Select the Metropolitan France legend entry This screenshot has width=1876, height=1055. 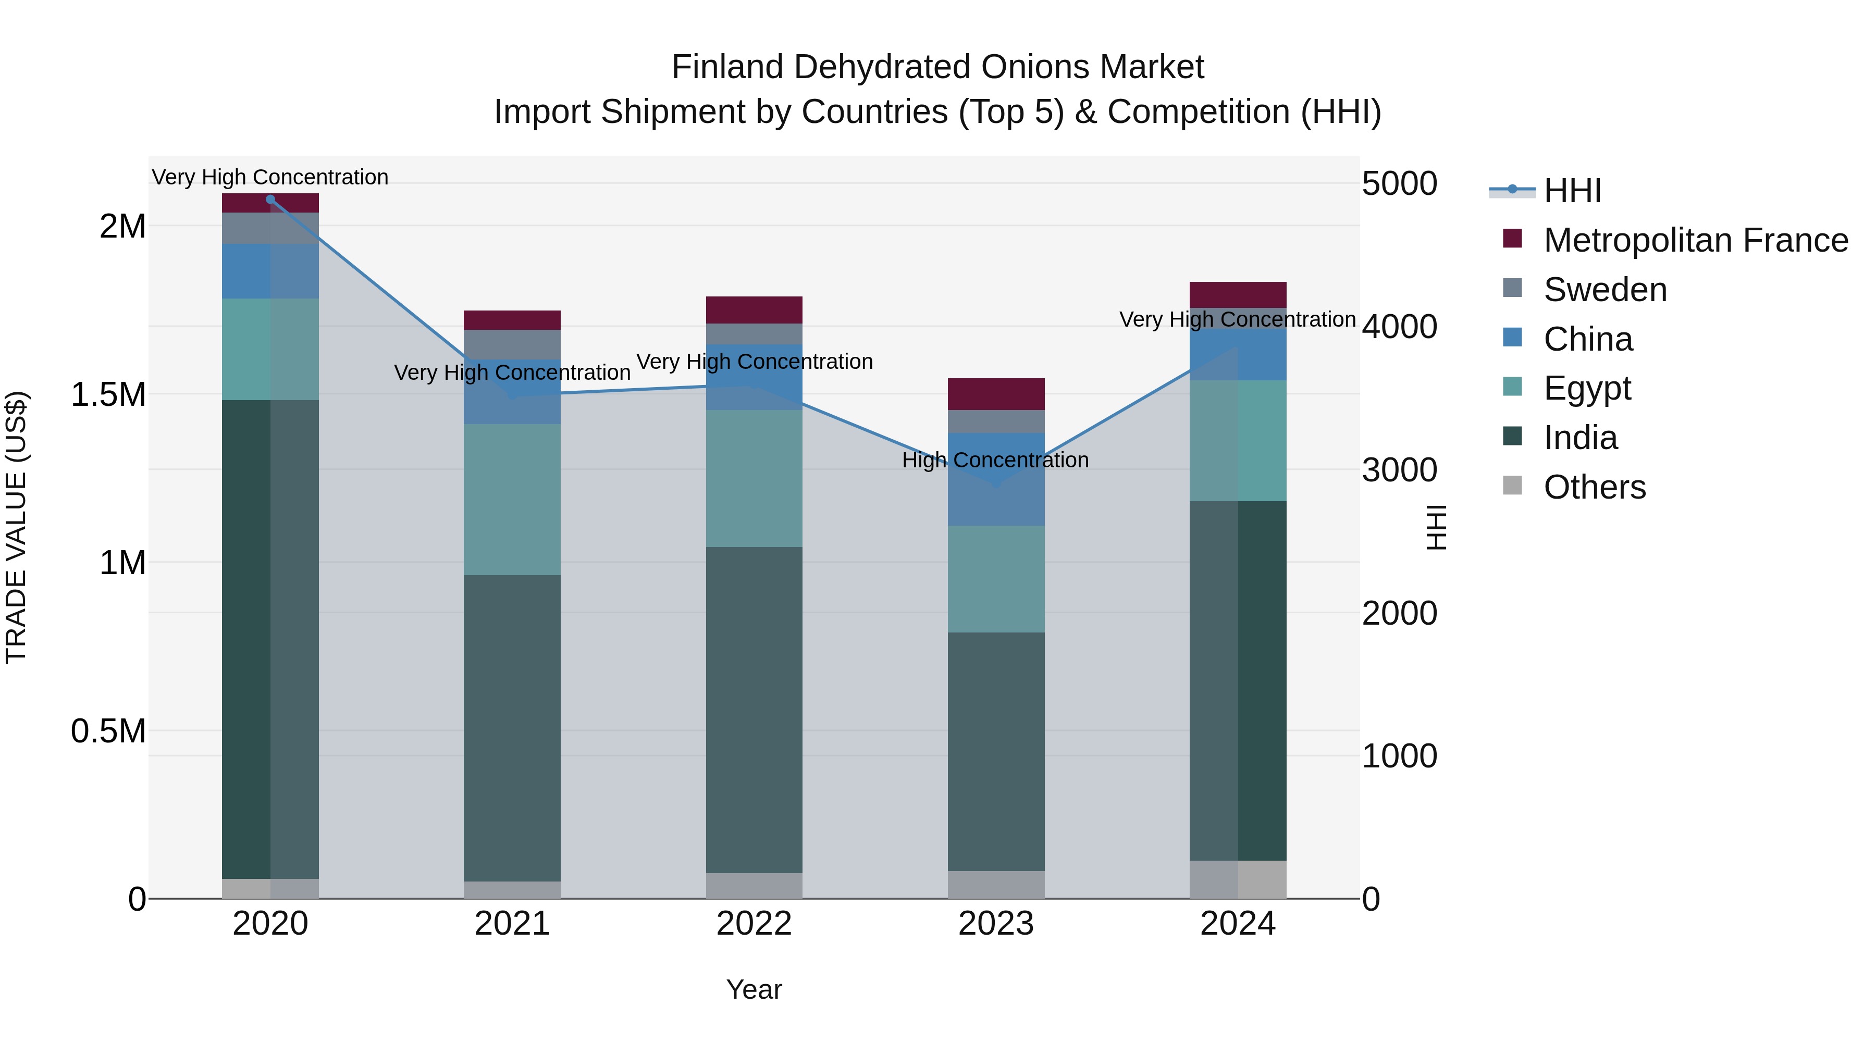click(1695, 240)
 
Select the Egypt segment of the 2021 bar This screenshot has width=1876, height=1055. click(512, 500)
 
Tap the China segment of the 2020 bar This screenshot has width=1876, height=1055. click(270, 271)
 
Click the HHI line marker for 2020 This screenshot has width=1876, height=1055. click(270, 200)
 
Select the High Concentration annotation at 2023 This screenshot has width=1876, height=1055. click(995, 460)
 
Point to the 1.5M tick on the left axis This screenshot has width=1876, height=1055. click(108, 394)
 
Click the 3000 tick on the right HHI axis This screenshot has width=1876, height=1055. click(1399, 470)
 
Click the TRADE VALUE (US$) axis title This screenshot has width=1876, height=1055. click(16, 527)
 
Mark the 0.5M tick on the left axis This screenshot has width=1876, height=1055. click(108, 731)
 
